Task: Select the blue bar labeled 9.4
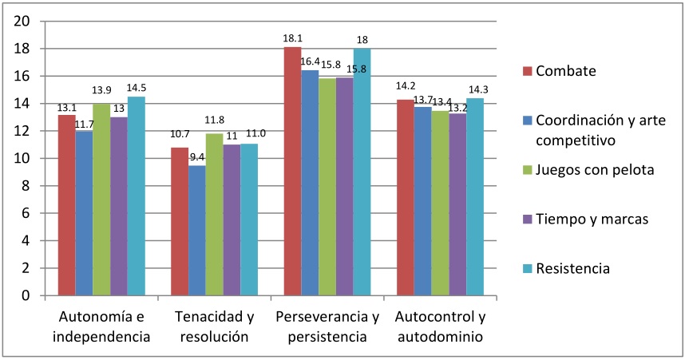[196, 231]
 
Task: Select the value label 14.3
[474, 90]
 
